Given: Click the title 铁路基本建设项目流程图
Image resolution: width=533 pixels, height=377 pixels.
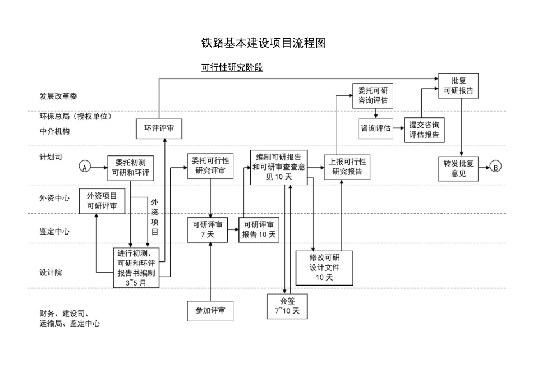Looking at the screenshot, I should pyautogui.click(x=263, y=43).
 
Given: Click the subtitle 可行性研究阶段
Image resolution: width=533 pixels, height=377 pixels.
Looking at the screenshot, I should pyautogui.click(x=232, y=68).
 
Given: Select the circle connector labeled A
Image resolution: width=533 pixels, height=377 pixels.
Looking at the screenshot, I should pyautogui.click(x=85, y=167).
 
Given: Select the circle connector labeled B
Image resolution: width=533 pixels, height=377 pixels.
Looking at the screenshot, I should pyautogui.click(x=495, y=167).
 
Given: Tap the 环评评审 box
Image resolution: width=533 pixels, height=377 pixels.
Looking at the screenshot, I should pyautogui.click(x=159, y=128).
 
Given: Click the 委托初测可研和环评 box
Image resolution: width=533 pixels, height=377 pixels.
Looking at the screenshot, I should pyautogui.click(x=130, y=167).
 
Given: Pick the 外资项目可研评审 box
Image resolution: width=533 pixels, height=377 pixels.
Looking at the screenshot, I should pyautogui.click(x=102, y=201).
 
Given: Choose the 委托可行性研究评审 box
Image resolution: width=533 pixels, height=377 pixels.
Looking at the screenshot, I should pyautogui.click(x=210, y=165).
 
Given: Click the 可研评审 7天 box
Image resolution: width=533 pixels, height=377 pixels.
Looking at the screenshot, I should pyautogui.click(x=207, y=230).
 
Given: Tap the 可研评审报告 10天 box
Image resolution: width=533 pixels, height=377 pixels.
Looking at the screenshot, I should pyautogui.click(x=259, y=230).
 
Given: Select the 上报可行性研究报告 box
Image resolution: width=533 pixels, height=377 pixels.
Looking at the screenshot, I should pyautogui.click(x=347, y=167).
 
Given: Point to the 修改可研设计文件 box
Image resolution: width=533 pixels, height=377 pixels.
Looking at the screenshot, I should pyautogui.click(x=324, y=266).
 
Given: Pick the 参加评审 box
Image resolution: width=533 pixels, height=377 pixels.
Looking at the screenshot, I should pyautogui.click(x=210, y=310).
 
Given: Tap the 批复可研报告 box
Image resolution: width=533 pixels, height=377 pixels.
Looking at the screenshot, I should pyautogui.click(x=458, y=85).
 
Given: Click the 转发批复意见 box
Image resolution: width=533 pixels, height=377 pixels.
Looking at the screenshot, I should pyautogui.click(x=458, y=169).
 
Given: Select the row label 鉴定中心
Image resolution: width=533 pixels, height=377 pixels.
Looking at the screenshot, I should pyautogui.click(x=54, y=231).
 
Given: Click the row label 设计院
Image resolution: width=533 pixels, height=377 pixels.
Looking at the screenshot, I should pyautogui.click(x=50, y=272).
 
